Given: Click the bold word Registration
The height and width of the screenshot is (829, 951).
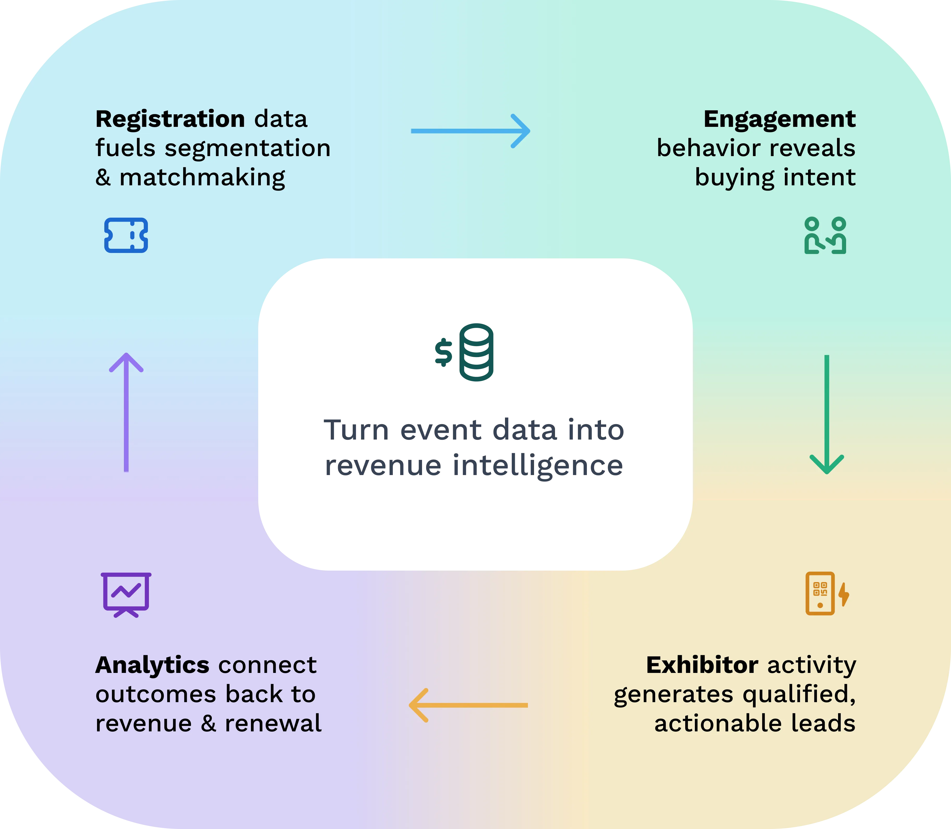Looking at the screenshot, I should [x=170, y=119].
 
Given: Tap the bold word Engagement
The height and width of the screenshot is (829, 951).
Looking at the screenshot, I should [x=779, y=119].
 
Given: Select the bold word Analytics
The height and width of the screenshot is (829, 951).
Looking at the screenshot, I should [x=152, y=665].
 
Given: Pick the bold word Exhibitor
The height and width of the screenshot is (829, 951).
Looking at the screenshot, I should [x=702, y=665].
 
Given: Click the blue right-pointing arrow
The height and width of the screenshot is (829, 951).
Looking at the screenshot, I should [x=470, y=131].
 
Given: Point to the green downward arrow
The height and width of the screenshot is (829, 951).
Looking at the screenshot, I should [x=827, y=414].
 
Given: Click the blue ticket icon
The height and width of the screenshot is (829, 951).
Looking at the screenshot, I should [x=126, y=235].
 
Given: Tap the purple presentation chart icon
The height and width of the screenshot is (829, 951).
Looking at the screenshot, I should [x=126, y=594].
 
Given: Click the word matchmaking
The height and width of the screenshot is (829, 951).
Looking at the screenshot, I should [x=202, y=178].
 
